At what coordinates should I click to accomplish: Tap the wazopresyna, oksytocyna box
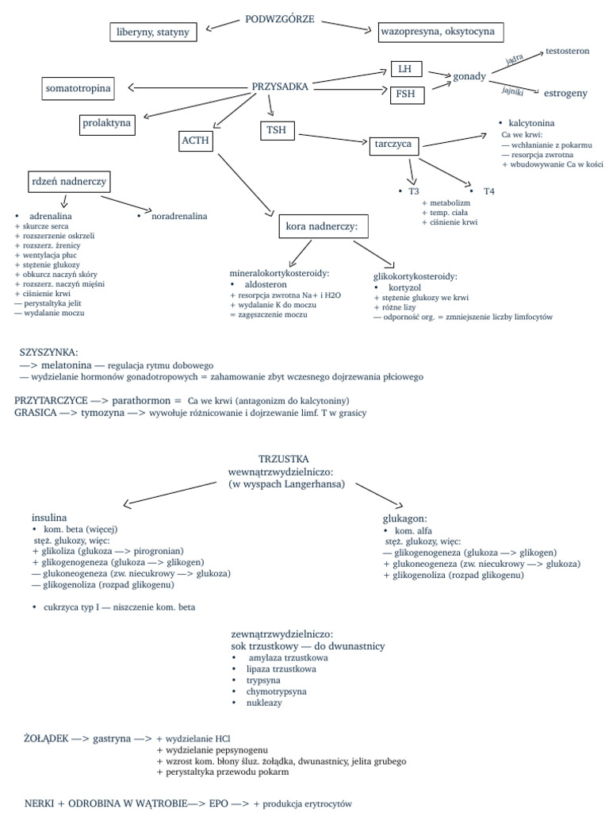440,32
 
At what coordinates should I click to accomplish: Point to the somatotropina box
77,89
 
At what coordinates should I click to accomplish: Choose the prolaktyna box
107,124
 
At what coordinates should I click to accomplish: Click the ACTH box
196,141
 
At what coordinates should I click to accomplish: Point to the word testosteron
568,51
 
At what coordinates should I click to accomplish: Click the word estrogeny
565,93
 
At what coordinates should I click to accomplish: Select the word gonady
469,76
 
